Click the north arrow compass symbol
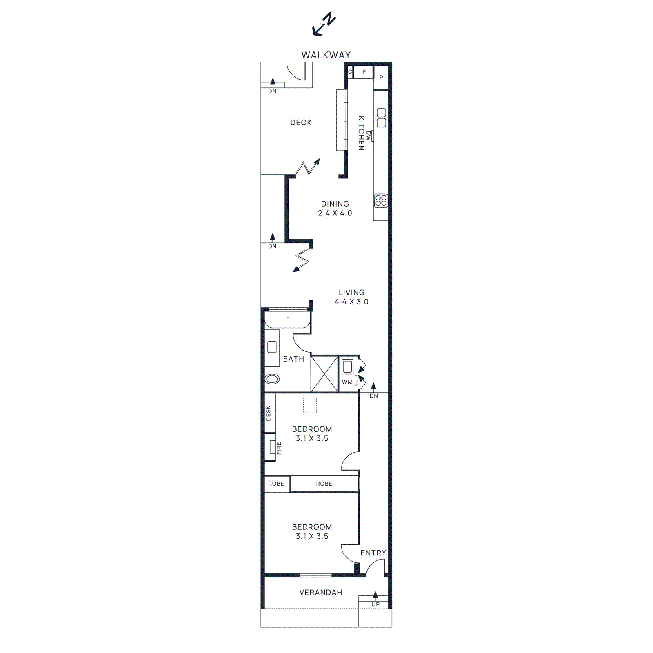point(324,25)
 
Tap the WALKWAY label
point(326,55)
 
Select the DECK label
point(301,122)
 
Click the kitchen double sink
point(381,118)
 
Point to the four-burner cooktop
point(381,200)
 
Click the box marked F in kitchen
point(364,72)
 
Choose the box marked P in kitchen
point(381,77)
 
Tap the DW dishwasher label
point(369,136)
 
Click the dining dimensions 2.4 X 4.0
point(335,213)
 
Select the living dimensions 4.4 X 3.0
point(351,302)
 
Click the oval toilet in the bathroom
point(272,379)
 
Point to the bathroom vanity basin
point(272,347)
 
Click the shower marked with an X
point(324,374)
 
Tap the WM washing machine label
point(347,382)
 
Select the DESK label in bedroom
point(269,413)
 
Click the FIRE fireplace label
point(279,448)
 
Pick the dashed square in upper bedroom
point(310,405)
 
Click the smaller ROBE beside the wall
point(276,484)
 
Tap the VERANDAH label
point(321,592)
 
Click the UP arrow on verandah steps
point(375,597)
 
